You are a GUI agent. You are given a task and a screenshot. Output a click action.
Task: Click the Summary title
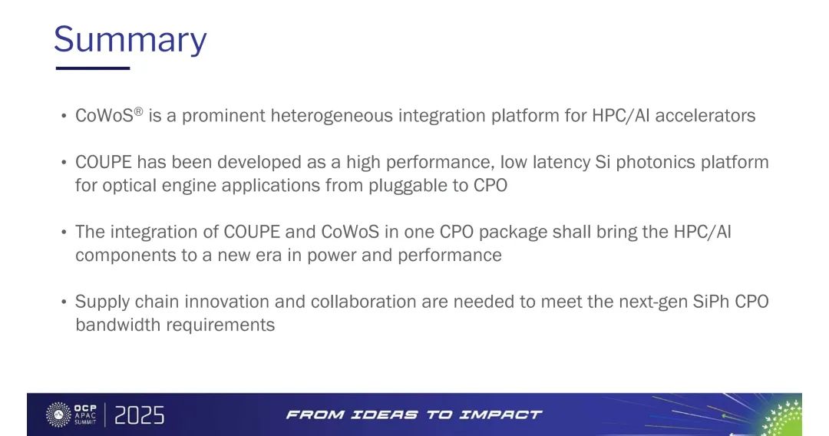coord(130,40)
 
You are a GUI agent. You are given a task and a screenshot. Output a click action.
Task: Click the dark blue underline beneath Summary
coord(93,68)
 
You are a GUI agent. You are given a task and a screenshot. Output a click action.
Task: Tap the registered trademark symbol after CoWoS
coord(138,111)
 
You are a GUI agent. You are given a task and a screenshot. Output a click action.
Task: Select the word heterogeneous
coord(332,115)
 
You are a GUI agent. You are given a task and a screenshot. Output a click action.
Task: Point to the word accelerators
coord(705,115)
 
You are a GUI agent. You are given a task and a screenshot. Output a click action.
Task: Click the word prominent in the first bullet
coord(223,116)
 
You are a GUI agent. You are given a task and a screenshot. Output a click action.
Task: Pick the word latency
coord(561,162)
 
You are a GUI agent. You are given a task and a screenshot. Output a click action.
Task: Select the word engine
coord(189,186)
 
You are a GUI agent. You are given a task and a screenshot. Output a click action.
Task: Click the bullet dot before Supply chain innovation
coord(64,302)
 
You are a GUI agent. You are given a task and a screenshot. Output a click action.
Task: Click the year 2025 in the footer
coord(140,415)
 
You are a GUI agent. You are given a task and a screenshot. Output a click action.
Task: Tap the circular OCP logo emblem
coord(58,415)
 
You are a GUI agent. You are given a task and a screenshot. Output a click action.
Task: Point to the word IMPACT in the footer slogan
coord(500,415)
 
